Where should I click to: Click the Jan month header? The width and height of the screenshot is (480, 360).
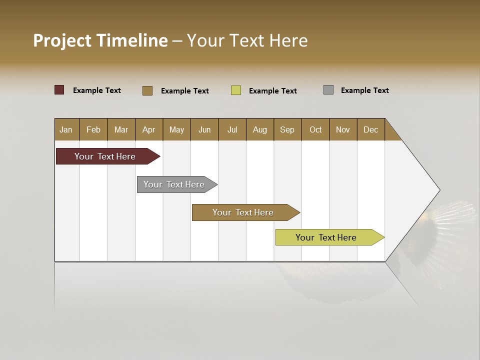[x=66, y=129]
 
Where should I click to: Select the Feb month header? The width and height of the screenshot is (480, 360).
[x=93, y=129]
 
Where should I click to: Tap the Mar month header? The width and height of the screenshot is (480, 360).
[x=121, y=129]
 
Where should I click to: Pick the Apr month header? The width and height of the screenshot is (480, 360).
[x=149, y=129]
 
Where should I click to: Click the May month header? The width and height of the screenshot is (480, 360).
[x=176, y=129]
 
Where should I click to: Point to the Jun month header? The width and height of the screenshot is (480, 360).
[x=204, y=129]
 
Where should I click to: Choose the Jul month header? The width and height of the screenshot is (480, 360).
[x=232, y=129]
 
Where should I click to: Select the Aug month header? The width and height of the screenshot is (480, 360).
[x=260, y=129]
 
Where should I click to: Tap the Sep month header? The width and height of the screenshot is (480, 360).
[x=287, y=129]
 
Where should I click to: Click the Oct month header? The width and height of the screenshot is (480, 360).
[x=315, y=129]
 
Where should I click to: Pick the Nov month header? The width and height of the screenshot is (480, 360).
[x=343, y=129]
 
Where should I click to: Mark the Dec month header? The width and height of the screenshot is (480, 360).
[x=371, y=129]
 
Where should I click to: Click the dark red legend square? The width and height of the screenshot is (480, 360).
[x=59, y=90]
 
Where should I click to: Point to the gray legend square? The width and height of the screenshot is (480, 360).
[x=328, y=90]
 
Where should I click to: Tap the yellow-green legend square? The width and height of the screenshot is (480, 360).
[x=236, y=90]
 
